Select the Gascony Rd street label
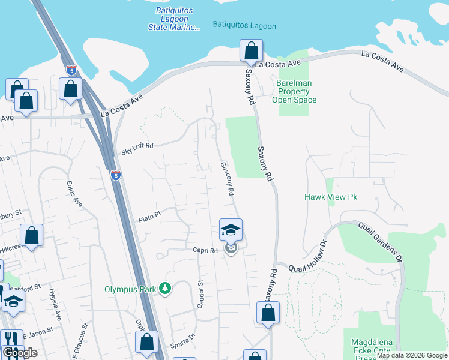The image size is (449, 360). (227, 179)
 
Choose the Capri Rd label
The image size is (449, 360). (205, 250)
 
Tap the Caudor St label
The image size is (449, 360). (201, 293)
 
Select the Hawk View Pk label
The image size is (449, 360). (331, 197)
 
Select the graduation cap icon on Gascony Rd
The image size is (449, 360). (231, 230)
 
